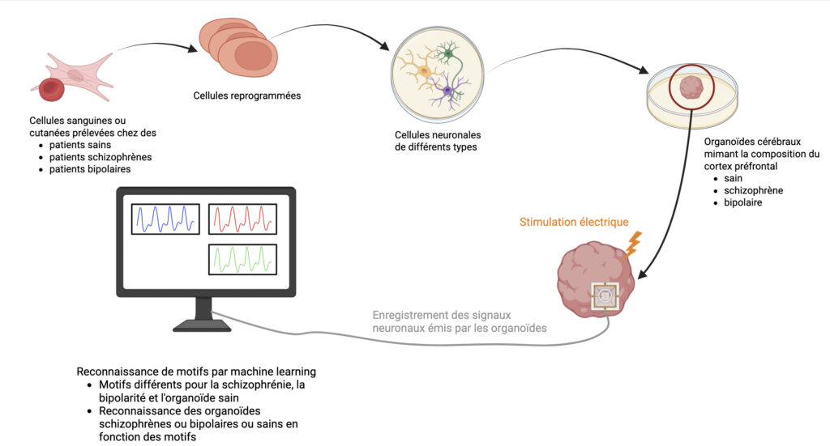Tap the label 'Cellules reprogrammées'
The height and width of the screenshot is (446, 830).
click(x=247, y=96)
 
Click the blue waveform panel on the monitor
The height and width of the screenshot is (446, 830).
click(x=167, y=219)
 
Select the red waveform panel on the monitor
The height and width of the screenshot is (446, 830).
click(x=243, y=219)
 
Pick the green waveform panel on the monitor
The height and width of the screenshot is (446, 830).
click(x=243, y=259)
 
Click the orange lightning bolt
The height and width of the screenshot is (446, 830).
click(x=634, y=240)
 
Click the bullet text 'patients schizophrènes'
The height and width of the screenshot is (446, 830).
click(x=101, y=156)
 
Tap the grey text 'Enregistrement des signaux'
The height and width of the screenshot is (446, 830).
click(x=442, y=315)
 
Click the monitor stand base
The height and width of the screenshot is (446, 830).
click(x=203, y=325)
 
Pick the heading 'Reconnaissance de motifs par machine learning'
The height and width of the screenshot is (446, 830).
click(x=196, y=372)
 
